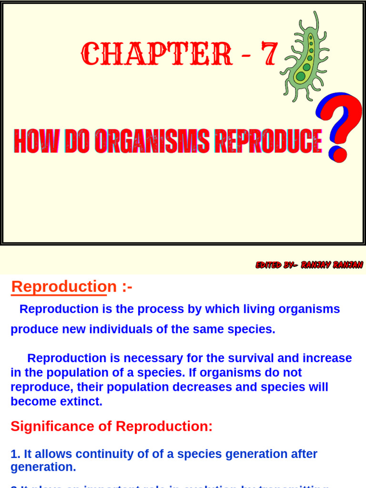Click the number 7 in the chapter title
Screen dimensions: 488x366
[x=268, y=54]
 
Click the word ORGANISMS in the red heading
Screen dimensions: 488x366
[x=152, y=141]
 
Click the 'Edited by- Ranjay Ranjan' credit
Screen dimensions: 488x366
[x=309, y=264]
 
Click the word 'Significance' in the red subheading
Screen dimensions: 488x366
[x=53, y=426]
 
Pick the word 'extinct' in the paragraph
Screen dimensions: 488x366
[x=81, y=401]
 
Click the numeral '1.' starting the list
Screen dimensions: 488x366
[x=15, y=454]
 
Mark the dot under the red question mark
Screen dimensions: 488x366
[x=339, y=154]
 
